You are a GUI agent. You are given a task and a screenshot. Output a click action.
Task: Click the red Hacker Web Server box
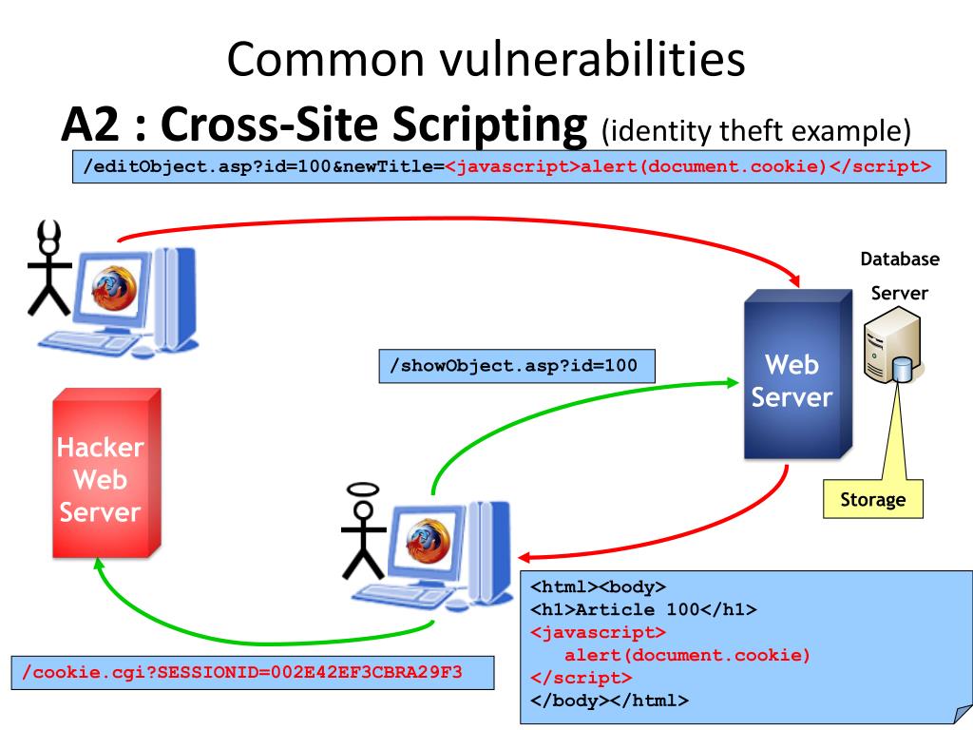tap(106, 473)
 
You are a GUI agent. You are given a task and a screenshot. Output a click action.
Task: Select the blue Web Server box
tap(798, 375)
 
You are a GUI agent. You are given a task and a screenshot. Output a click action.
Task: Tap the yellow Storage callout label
tap(872, 499)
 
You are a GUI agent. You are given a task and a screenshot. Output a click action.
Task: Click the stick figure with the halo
tap(364, 530)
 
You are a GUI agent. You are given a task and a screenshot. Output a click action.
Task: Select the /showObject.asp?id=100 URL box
tap(517, 366)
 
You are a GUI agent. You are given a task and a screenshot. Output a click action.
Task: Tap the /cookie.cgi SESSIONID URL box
tap(253, 672)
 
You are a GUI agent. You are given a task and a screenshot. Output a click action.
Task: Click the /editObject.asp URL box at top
tap(509, 166)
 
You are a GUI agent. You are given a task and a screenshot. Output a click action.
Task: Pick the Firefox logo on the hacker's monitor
tap(114, 287)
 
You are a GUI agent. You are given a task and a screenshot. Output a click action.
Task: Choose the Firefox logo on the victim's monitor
tap(429, 540)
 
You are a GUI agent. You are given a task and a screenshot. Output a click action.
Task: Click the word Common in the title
tap(327, 59)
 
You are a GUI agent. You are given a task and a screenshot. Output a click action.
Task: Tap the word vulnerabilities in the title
tap(593, 59)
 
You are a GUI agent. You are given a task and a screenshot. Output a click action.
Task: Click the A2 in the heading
tap(90, 124)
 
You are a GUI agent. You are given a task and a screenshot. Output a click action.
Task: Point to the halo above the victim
tap(363, 490)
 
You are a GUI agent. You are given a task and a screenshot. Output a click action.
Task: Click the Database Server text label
tap(900, 276)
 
